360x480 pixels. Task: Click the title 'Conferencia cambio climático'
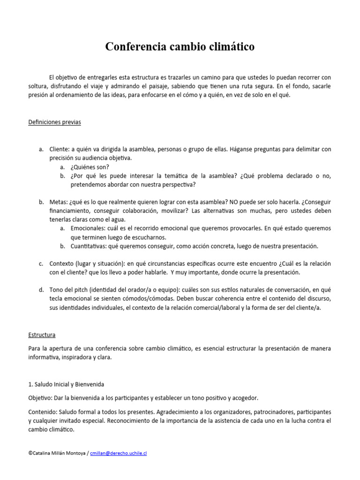pos(180,47)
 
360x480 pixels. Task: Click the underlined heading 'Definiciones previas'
pos(54,122)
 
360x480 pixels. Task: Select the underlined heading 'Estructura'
pos(42,335)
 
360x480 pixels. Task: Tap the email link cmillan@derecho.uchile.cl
pos(119,454)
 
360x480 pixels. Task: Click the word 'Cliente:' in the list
pos(60,149)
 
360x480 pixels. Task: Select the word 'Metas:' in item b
pos(59,202)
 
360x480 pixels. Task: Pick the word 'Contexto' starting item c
pos(61,264)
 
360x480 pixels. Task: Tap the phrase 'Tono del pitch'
pos(70,290)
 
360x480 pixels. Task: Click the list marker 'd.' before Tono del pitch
pos(41,290)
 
